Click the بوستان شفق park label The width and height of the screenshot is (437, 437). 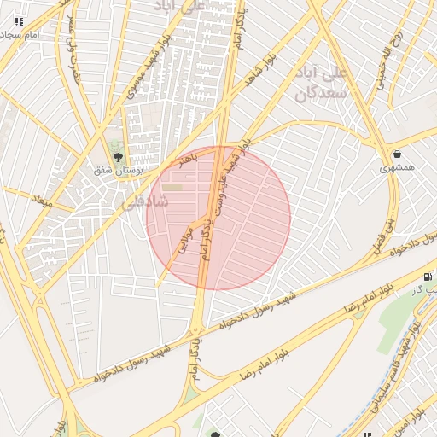coord(117,170)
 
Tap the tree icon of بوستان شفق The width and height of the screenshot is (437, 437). coord(118,156)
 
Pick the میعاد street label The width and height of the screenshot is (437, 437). coord(41,201)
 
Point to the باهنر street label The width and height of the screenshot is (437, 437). coord(184,159)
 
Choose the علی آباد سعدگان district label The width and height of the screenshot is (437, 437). coord(322,83)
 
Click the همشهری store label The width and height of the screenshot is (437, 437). coord(398,168)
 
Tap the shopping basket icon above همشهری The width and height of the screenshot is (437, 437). coord(398,154)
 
